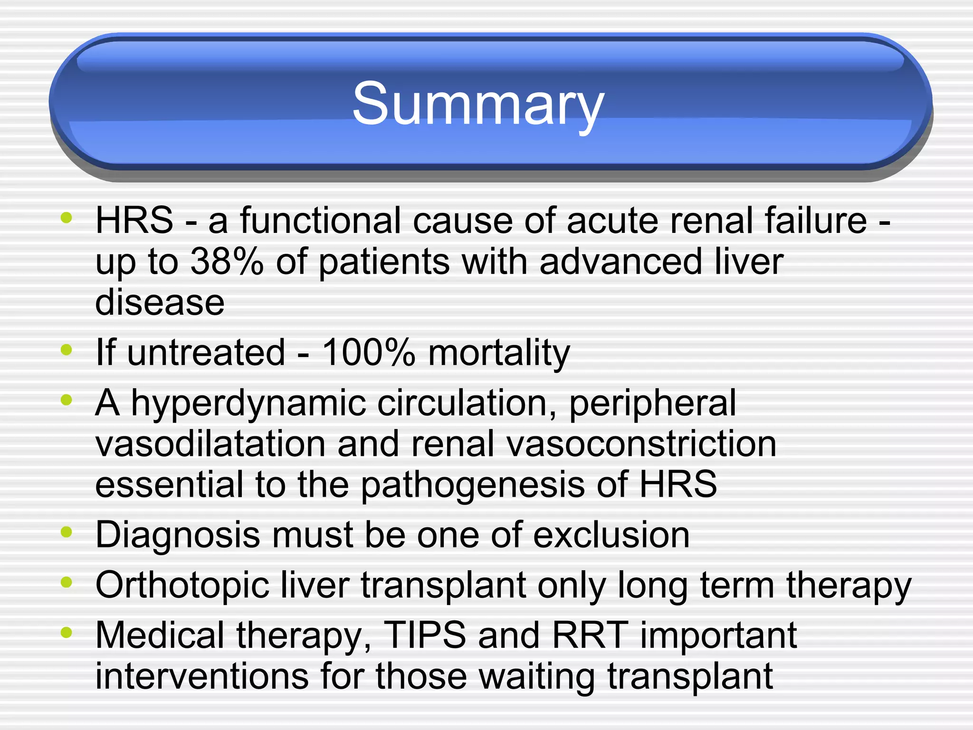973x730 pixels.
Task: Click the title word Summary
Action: point(478,104)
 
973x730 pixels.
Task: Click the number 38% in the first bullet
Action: point(227,261)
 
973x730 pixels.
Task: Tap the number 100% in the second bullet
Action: point(368,353)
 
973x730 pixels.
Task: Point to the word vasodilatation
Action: point(210,444)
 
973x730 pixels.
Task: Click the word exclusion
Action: point(611,535)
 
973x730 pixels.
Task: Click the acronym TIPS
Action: point(424,635)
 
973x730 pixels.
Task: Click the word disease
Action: point(160,302)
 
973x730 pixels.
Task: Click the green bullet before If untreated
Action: point(67,350)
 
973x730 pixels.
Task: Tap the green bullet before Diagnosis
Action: point(67,532)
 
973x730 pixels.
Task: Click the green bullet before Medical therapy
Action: point(67,632)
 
